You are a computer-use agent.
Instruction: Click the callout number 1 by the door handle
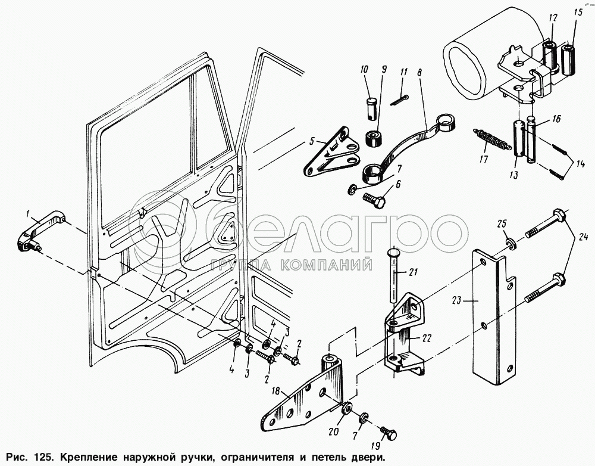pyautogui.click(x=27, y=213)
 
